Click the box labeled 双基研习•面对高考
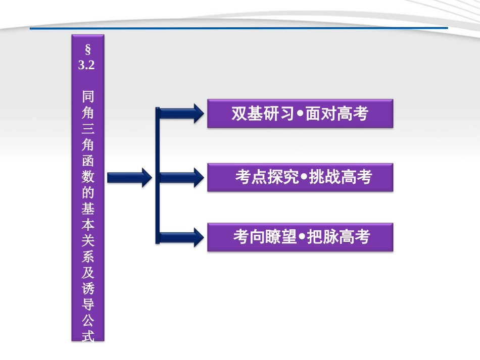point(300,114)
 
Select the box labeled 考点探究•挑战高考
point(300,177)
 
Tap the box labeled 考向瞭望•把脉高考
point(300,237)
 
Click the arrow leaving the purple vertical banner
point(129,177)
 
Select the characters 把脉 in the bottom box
point(323,237)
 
